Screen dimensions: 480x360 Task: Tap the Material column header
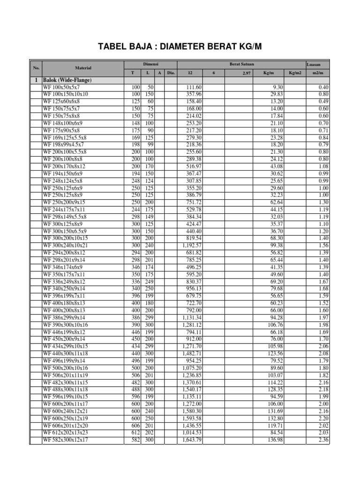(x=82, y=68)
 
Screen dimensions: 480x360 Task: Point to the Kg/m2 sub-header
(x=294, y=73)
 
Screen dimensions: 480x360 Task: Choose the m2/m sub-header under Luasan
(x=318, y=73)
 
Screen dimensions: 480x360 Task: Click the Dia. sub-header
(x=171, y=73)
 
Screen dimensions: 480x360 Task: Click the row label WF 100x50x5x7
(x=61, y=88)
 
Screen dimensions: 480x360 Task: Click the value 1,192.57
(x=192, y=245)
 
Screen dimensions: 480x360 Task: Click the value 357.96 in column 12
(x=194, y=94)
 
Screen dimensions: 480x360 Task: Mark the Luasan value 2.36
(x=323, y=440)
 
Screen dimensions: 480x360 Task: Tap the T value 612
(x=136, y=433)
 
